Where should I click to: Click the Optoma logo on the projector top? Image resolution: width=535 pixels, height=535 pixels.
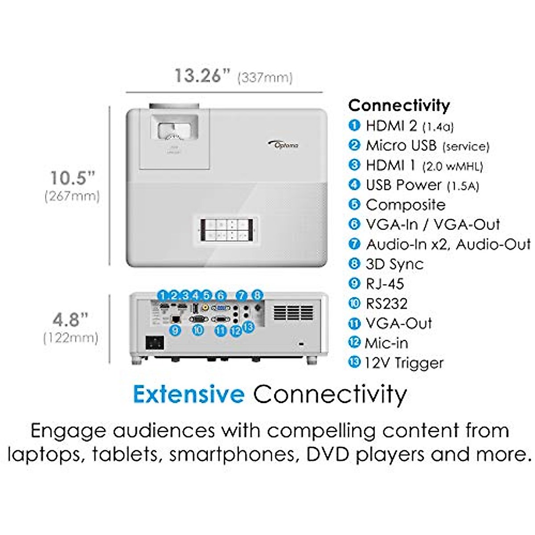pyautogui.click(x=284, y=144)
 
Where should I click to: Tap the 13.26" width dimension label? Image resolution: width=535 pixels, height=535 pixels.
pyautogui.click(x=198, y=76)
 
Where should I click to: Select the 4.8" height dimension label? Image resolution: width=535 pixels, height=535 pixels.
pyautogui.click(x=70, y=320)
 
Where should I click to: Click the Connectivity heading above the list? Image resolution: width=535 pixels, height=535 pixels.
pyautogui.click(x=399, y=105)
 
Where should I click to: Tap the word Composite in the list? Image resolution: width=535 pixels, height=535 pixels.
pyautogui.click(x=405, y=205)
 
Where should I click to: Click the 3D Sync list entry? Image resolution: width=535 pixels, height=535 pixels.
pyautogui.click(x=394, y=264)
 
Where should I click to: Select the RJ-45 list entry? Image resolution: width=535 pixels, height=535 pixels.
pyautogui.click(x=384, y=284)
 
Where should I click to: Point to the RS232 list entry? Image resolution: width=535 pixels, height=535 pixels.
pyautogui.click(x=386, y=304)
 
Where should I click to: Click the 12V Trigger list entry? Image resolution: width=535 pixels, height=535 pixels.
pyautogui.click(x=404, y=363)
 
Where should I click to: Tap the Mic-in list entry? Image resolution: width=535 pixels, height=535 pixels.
pyautogui.click(x=386, y=343)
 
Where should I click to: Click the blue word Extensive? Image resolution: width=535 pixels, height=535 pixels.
pyautogui.click(x=189, y=394)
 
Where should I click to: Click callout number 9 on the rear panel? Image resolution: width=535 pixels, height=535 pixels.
pyautogui.click(x=175, y=330)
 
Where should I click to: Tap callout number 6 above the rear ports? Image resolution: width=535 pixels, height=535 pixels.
pyautogui.click(x=220, y=295)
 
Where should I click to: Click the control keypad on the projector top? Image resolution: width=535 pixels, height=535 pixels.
pyautogui.click(x=226, y=230)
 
